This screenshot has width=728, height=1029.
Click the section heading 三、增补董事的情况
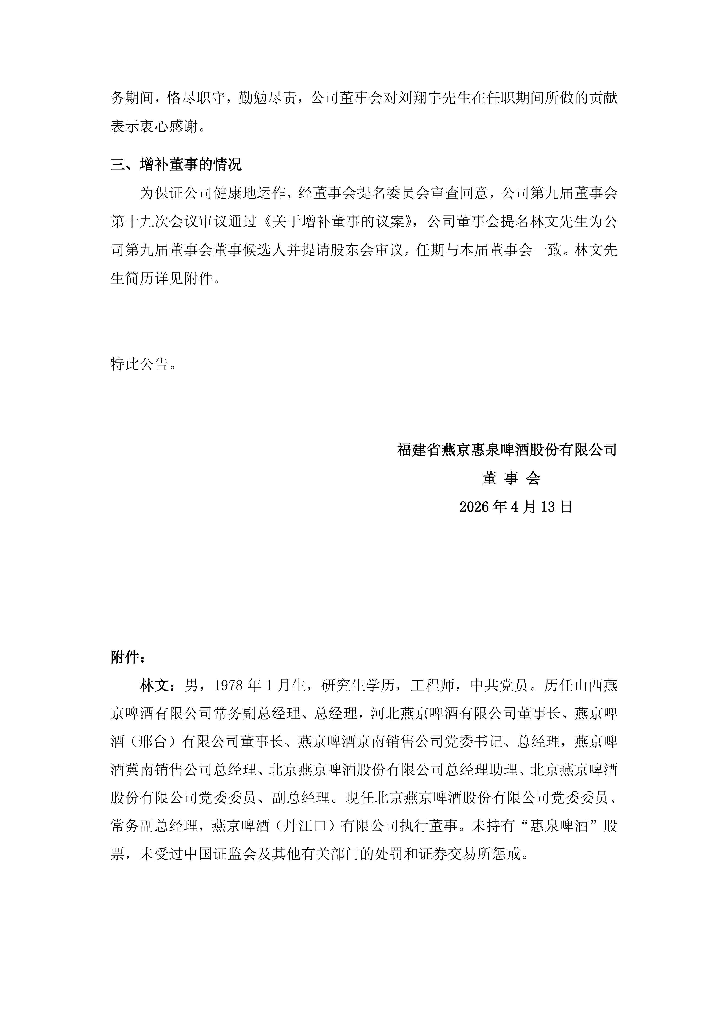pyautogui.click(x=176, y=165)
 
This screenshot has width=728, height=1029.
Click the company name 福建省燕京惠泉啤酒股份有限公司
pyautogui.click(x=507, y=449)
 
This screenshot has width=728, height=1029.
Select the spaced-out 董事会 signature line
pyautogui.click(x=511, y=478)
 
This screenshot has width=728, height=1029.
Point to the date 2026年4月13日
pyautogui.click(x=516, y=507)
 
